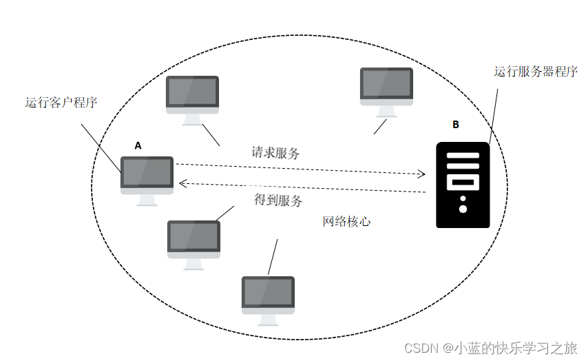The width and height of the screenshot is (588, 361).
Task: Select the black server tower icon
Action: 463,185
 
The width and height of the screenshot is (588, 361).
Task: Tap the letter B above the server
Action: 455,125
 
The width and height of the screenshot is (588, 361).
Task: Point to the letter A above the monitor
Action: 138,146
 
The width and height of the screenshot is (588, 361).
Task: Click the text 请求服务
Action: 275,153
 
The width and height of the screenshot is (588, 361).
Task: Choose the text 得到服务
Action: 278,200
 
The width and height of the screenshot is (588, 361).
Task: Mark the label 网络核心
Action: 346,222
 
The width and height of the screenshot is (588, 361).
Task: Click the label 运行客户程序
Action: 61,103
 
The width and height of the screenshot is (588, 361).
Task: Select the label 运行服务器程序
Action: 535,72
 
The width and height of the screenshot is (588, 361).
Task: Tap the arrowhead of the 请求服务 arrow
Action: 422,174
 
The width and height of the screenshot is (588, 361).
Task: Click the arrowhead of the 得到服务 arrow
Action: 182,183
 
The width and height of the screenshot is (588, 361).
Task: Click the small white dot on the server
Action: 463,208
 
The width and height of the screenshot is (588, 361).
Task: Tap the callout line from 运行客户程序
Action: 101,147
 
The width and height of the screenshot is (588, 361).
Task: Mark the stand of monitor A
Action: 146,199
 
